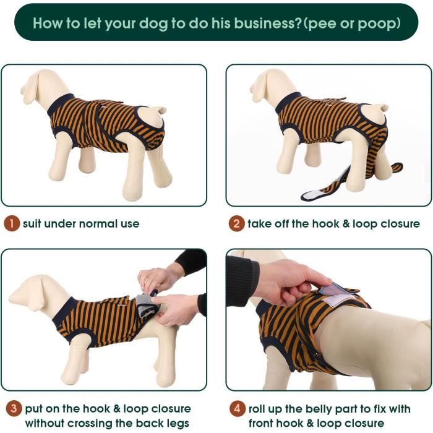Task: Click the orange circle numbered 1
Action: click(11, 224)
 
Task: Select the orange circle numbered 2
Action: click(236, 224)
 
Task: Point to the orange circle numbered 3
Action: click(11, 409)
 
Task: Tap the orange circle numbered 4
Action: click(236, 409)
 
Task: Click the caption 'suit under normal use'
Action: click(81, 224)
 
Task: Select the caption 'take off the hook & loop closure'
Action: click(333, 224)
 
